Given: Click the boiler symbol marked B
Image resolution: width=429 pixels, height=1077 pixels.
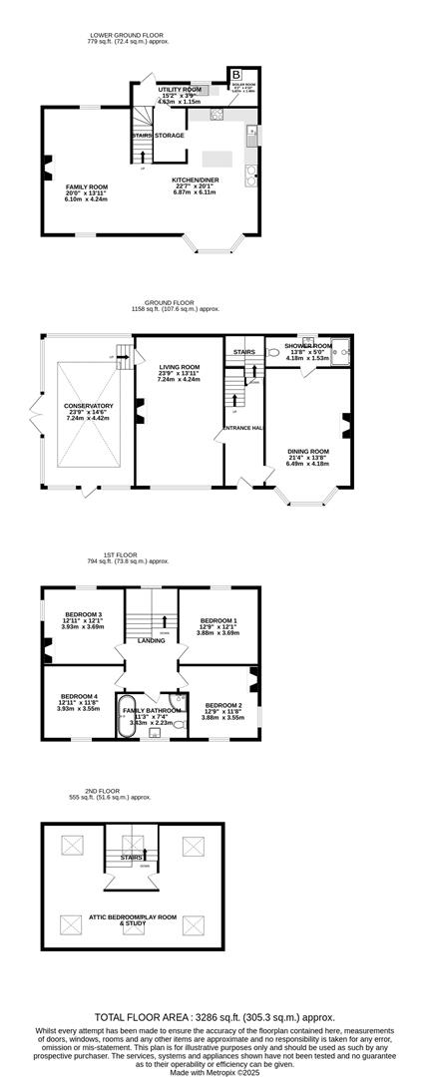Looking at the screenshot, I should pos(236,75).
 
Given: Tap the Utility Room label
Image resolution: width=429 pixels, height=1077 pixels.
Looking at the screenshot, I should pos(180,90).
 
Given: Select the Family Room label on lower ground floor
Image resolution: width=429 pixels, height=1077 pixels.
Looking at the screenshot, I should pos(87,186).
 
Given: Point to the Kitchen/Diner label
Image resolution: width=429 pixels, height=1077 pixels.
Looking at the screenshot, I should pos(195,180).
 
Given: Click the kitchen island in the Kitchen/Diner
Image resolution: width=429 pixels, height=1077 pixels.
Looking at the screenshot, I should pos(217,159).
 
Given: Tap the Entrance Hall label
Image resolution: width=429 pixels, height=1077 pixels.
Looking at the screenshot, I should pos(243,428).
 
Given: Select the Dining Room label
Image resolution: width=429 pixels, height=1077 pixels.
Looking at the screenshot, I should pos(307,451).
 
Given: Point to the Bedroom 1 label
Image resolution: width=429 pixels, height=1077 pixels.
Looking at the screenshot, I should pos(218,618).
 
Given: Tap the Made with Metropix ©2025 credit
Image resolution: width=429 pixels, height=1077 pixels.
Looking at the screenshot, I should pos(214,1070).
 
